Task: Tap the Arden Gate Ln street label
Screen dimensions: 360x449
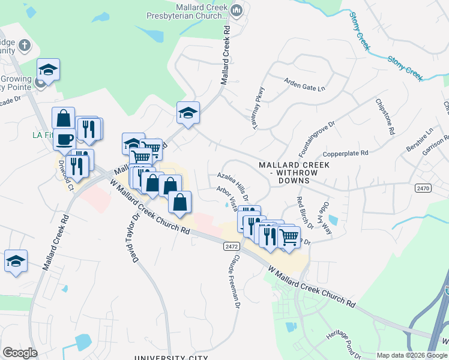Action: tap(304, 86)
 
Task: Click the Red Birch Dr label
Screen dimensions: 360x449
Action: tap(305, 213)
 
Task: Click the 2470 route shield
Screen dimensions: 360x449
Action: tap(423, 188)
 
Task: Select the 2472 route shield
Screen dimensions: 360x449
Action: tap(232, 247)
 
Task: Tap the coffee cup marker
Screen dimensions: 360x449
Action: tap(65, 139)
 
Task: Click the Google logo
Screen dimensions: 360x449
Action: tap(20, 353)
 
